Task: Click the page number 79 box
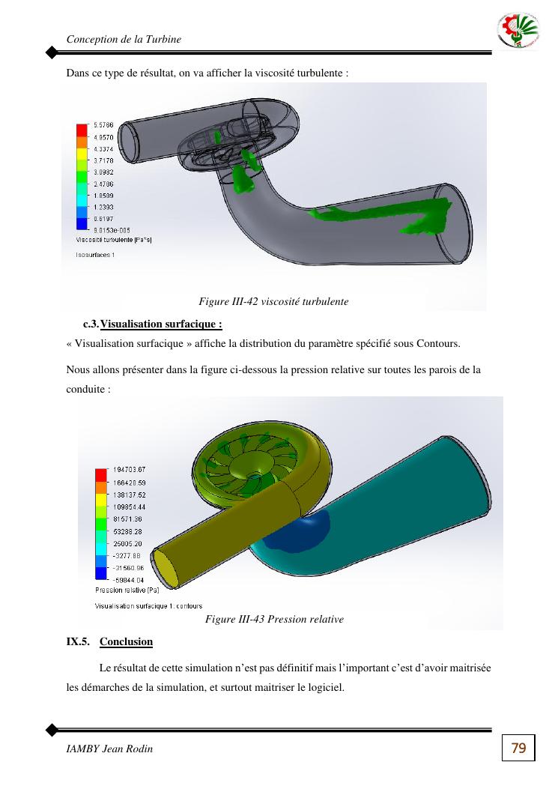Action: tap(518, 748)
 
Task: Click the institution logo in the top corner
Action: tap(518, 30)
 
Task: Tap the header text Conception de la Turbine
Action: tap(124, 39)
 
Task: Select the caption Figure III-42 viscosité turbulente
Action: tap(273, 301)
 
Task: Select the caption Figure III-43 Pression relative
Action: tap(274, 619)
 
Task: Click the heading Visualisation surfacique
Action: tap(161, 324)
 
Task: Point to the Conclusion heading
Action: tap(126, 641)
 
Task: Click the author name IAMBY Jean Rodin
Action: tap(109, 749)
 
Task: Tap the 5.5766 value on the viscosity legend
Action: tap(103, 125)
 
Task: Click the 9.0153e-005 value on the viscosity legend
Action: tap(112, 231)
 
